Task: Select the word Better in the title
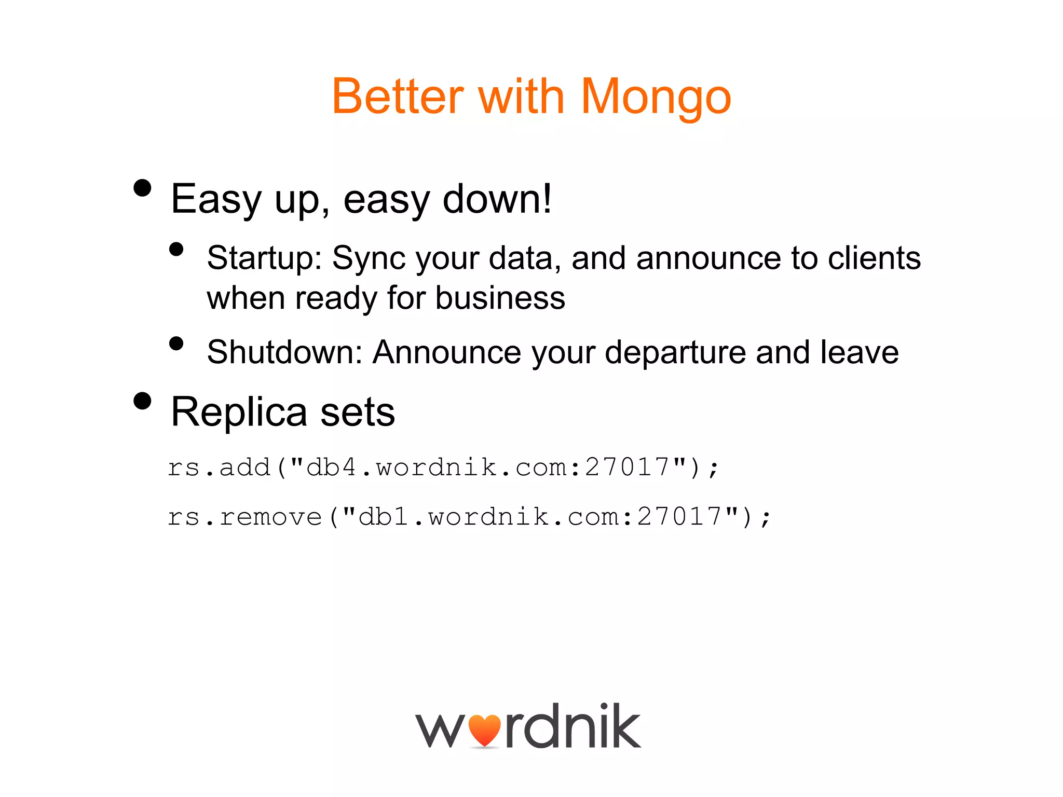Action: coord(398,97)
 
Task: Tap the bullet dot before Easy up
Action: coord(142,188)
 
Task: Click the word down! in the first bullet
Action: coord(497,199)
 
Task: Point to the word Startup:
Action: coord(265,258)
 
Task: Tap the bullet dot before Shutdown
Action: coord(176,343)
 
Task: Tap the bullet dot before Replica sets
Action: coord(142,401)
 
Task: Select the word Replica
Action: coord(239,413)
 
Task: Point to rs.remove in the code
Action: coord(244,517)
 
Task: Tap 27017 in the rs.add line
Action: coord(628,467)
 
